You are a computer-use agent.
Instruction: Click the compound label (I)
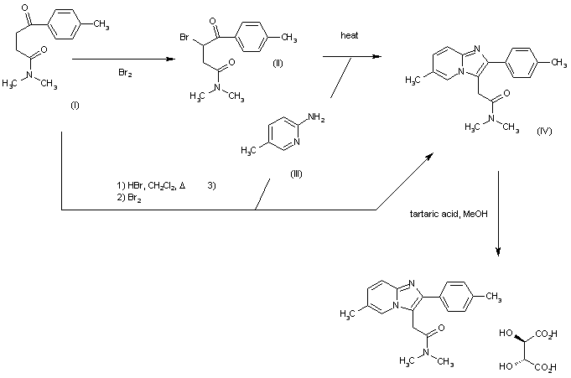(x=75, y=106)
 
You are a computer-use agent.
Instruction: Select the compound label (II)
(x=278, y=64)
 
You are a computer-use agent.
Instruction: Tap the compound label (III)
(x=296, y=174)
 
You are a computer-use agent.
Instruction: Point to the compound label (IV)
(x=544, y=131)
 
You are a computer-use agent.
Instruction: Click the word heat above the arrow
(x=350, y=35)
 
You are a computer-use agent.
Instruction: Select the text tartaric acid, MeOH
(x=449, y=214)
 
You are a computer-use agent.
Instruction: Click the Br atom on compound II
(x=184, y=37)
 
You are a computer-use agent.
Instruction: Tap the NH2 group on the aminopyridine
(x=316, y=117)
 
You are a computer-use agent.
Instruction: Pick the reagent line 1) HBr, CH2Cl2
(x=151, y=186)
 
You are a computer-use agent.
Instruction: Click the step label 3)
(x=211, y=185)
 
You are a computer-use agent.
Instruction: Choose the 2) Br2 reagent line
(x=129, y=198)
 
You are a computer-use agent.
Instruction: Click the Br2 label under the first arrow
(x=125, y=73)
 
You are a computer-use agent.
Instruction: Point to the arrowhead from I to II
(x=170, y=59)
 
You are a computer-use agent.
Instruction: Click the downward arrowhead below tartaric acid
(x=498, y=251)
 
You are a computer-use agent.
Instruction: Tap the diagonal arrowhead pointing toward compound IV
(x=429, y=157)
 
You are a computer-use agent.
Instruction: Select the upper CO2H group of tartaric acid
(x=546, y=334)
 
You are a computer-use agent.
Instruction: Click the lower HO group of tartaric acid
(x=506, y=366)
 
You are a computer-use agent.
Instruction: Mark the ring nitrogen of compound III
(x=297, y=142)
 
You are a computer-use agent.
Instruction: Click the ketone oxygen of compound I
(x=25, y=8)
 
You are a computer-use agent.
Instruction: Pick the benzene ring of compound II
(x=252, y=37)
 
